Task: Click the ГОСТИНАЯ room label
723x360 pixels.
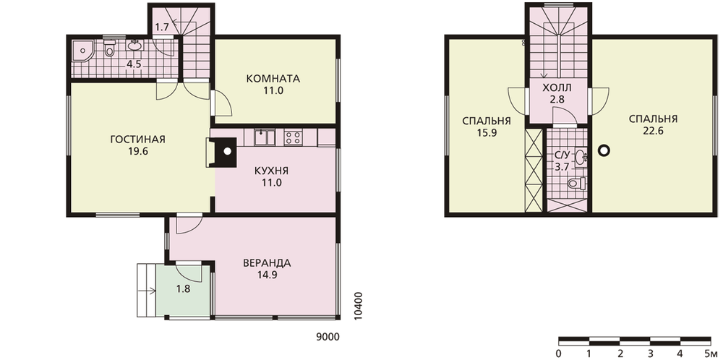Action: point(138,140)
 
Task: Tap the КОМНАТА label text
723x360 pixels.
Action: point(273,79)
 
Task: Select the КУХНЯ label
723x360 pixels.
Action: point(272,171)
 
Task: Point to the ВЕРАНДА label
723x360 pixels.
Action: point(267,263)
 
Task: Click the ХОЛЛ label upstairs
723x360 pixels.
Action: point(557,87)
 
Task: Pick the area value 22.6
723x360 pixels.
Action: point(653,131)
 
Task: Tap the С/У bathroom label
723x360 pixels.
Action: point(562,155)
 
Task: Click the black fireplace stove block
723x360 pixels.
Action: point(223,152)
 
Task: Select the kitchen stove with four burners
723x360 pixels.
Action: point(294,137)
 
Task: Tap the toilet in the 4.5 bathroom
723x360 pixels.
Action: point(109,48)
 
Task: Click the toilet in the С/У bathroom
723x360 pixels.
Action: point(576,183)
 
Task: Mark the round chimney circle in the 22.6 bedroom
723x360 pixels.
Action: point(604,150)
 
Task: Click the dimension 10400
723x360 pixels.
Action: point(359,306)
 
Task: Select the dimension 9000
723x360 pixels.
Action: point(328,337)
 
